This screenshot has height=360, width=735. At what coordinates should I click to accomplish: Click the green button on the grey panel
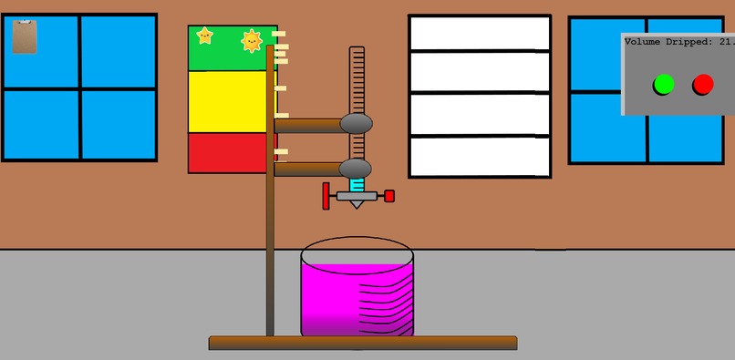(663, 85)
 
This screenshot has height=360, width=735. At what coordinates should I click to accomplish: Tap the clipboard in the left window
(26, 37)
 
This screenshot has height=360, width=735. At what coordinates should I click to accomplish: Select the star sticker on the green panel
(204, 36)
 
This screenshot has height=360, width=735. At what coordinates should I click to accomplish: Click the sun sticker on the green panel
(252, 41)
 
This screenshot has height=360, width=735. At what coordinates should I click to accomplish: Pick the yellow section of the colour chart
(232, 101)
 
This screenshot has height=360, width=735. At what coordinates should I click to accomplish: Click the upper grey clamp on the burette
(356, 123)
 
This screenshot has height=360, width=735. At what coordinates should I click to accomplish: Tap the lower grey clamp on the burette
(356, 169)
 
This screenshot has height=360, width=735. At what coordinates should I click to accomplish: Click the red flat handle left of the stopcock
(326, 195)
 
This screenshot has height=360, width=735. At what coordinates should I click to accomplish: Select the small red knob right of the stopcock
(389, 196)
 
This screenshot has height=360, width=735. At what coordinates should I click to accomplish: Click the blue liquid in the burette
(357, 184)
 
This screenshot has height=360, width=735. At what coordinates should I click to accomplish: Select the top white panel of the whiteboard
(480, 34)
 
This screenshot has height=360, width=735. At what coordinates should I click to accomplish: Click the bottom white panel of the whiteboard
(480, 157)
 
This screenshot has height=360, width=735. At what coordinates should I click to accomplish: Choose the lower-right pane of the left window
(118, 125)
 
